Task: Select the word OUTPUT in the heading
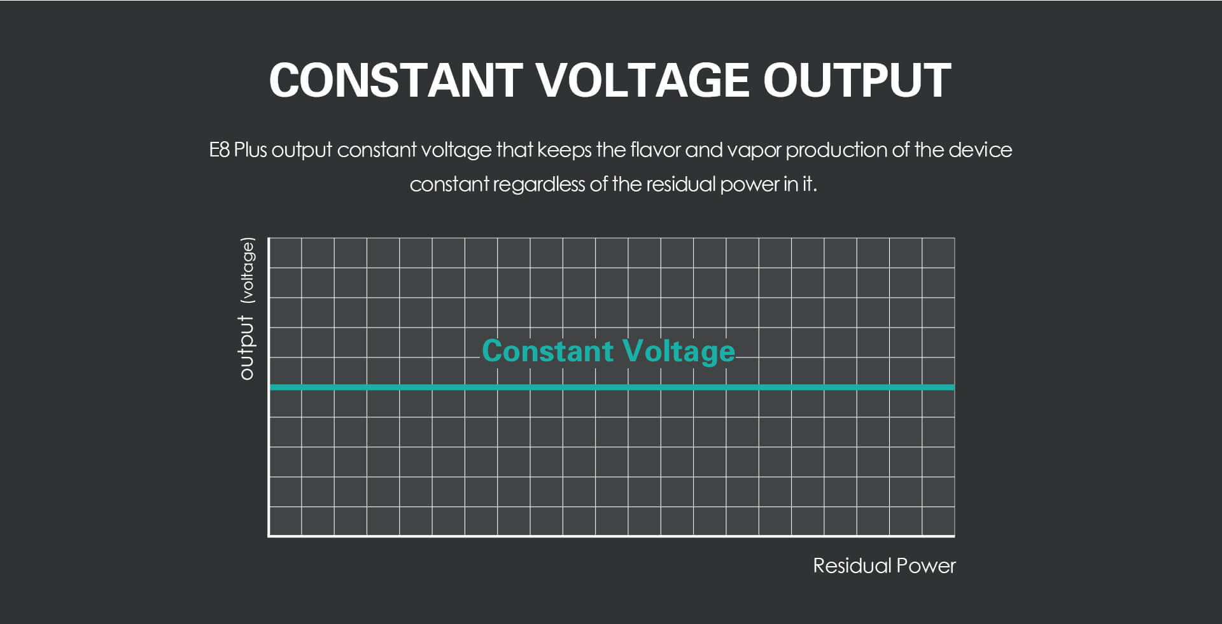pyautogui.click(x=857, y=81)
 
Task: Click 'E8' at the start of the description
pyautogui.click(x=219, y=150)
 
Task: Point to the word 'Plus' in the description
pyautogui.click(x=251, y=150)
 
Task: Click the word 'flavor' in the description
pyautogui.click(x=655, y=150)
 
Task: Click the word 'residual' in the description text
pyautogui.click(x=680, y=184)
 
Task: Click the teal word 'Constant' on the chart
pyautogui.click(x=547, y=351)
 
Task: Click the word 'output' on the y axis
pyautogui.click(x=246, y=347)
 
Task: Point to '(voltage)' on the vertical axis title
pyautogui.click(x=247, y=270)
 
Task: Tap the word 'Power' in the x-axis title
pyautogui.click(x=926, y=565)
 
